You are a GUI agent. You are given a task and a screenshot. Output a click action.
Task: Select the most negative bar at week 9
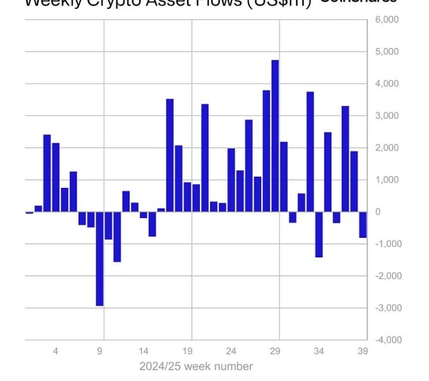point(99,259)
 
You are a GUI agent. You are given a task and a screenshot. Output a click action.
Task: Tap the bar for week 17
point(170,155)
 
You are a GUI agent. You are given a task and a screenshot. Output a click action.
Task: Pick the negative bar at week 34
point(319,234)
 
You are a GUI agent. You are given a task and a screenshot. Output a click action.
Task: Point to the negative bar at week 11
point(117,237)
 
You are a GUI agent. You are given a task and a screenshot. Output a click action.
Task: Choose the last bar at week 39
point(363,225)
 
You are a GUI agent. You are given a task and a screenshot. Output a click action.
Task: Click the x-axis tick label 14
point(143,351)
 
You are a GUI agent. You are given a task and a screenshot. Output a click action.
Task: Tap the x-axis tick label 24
point(231,351)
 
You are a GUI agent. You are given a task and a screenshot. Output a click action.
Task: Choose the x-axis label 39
point(362,351)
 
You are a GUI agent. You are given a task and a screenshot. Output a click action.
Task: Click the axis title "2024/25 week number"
point(196,366)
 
